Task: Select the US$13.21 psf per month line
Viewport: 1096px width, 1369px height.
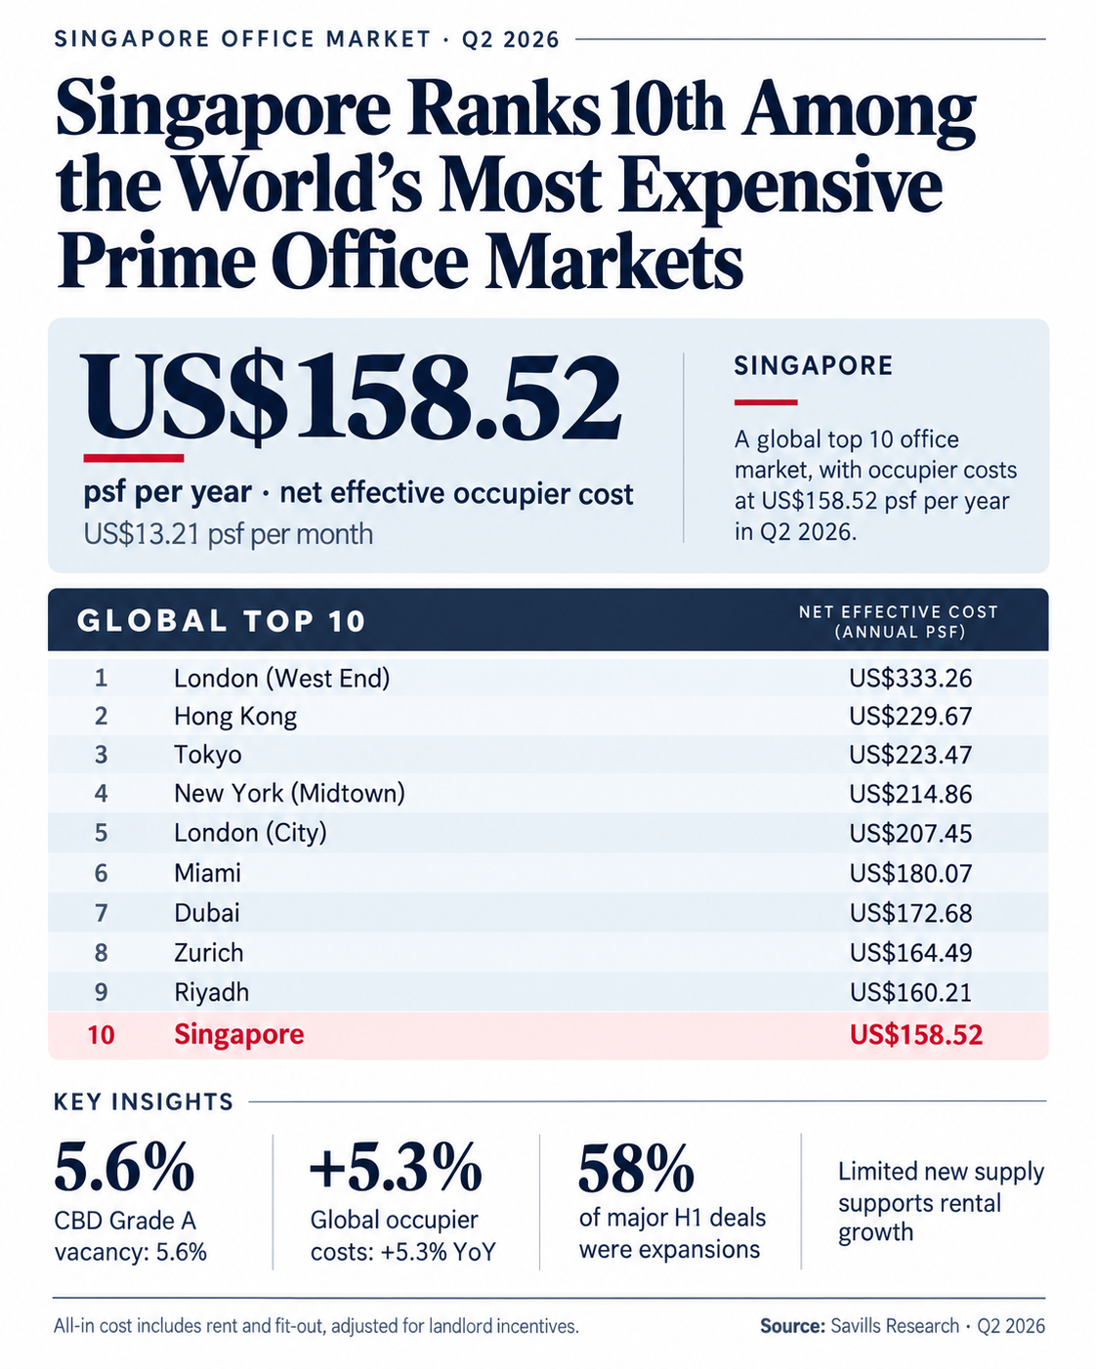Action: click(228, 534)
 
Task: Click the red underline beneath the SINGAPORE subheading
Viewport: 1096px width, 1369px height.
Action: click(766, 402)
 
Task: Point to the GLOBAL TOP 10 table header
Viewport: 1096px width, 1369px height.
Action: click(221, 621)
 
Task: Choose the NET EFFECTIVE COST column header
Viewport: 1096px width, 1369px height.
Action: click(899, 622)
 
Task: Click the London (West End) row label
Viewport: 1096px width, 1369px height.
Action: click(281, 678)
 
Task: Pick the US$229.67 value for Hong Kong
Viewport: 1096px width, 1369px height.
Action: click(910, 717)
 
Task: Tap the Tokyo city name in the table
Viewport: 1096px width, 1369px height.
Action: click(207, 755)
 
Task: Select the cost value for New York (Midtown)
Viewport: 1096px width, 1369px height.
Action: click(910, 794)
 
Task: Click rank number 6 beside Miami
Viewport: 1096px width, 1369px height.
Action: click(102, 873)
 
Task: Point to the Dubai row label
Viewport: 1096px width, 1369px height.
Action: click(207, 913)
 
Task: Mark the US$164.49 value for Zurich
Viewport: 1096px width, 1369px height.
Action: click(910, 952)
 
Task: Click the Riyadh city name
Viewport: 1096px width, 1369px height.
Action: click(211, 992)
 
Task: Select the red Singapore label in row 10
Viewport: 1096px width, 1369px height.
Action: click(238, 1034)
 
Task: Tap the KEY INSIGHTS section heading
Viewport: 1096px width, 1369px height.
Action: click(144, 1101)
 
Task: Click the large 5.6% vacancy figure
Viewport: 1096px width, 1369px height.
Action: click(124, 1167)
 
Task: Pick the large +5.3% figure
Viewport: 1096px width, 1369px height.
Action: click(396, 1167)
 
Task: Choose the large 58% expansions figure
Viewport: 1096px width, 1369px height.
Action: click(636, 1167)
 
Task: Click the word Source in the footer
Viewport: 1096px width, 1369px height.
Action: click(792, 1326)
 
